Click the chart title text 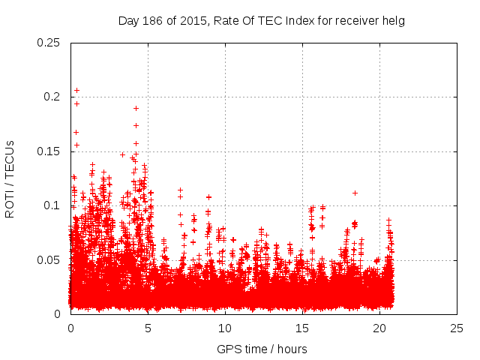(261, 20)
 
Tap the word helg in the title (392, 20)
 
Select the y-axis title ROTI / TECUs (10, 178)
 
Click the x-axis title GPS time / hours (262, 349)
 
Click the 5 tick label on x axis (148, 328)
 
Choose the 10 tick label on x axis (225, 328)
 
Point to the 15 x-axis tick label (302, 328)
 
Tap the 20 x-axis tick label (379, 328)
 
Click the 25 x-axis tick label (457, 328)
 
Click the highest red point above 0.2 (76, 91)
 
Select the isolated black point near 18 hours (355, 193)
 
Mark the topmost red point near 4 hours (136, 108)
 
